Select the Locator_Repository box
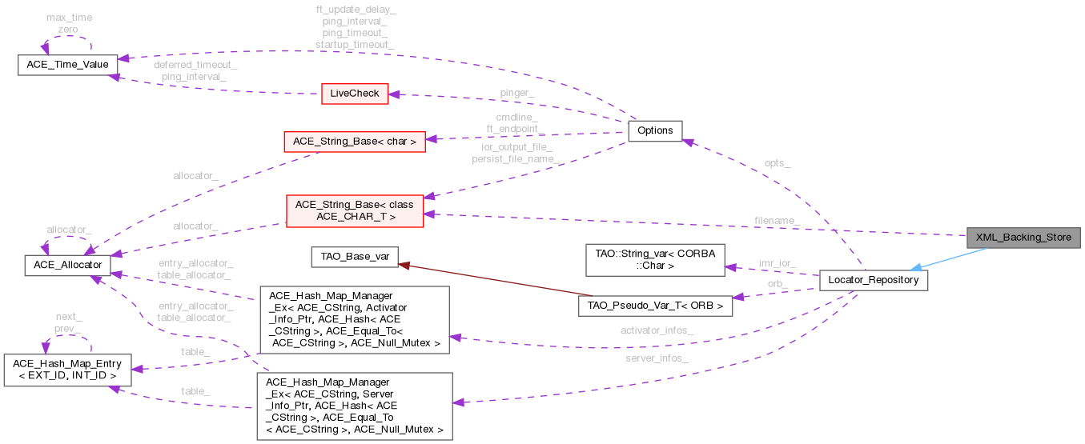[874, 281]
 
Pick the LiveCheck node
[354, 94]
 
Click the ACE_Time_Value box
[68, 64]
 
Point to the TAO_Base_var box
[355, 258]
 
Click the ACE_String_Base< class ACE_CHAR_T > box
[354, 210]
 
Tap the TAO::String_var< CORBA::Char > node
[655, 258]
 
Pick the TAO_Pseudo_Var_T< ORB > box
[655, 306]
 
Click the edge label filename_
[777, 220]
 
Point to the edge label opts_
[778, 163]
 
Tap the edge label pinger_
[517, 93]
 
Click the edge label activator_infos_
[657, 330]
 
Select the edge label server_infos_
[657, 358]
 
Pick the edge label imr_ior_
[777, 262]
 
